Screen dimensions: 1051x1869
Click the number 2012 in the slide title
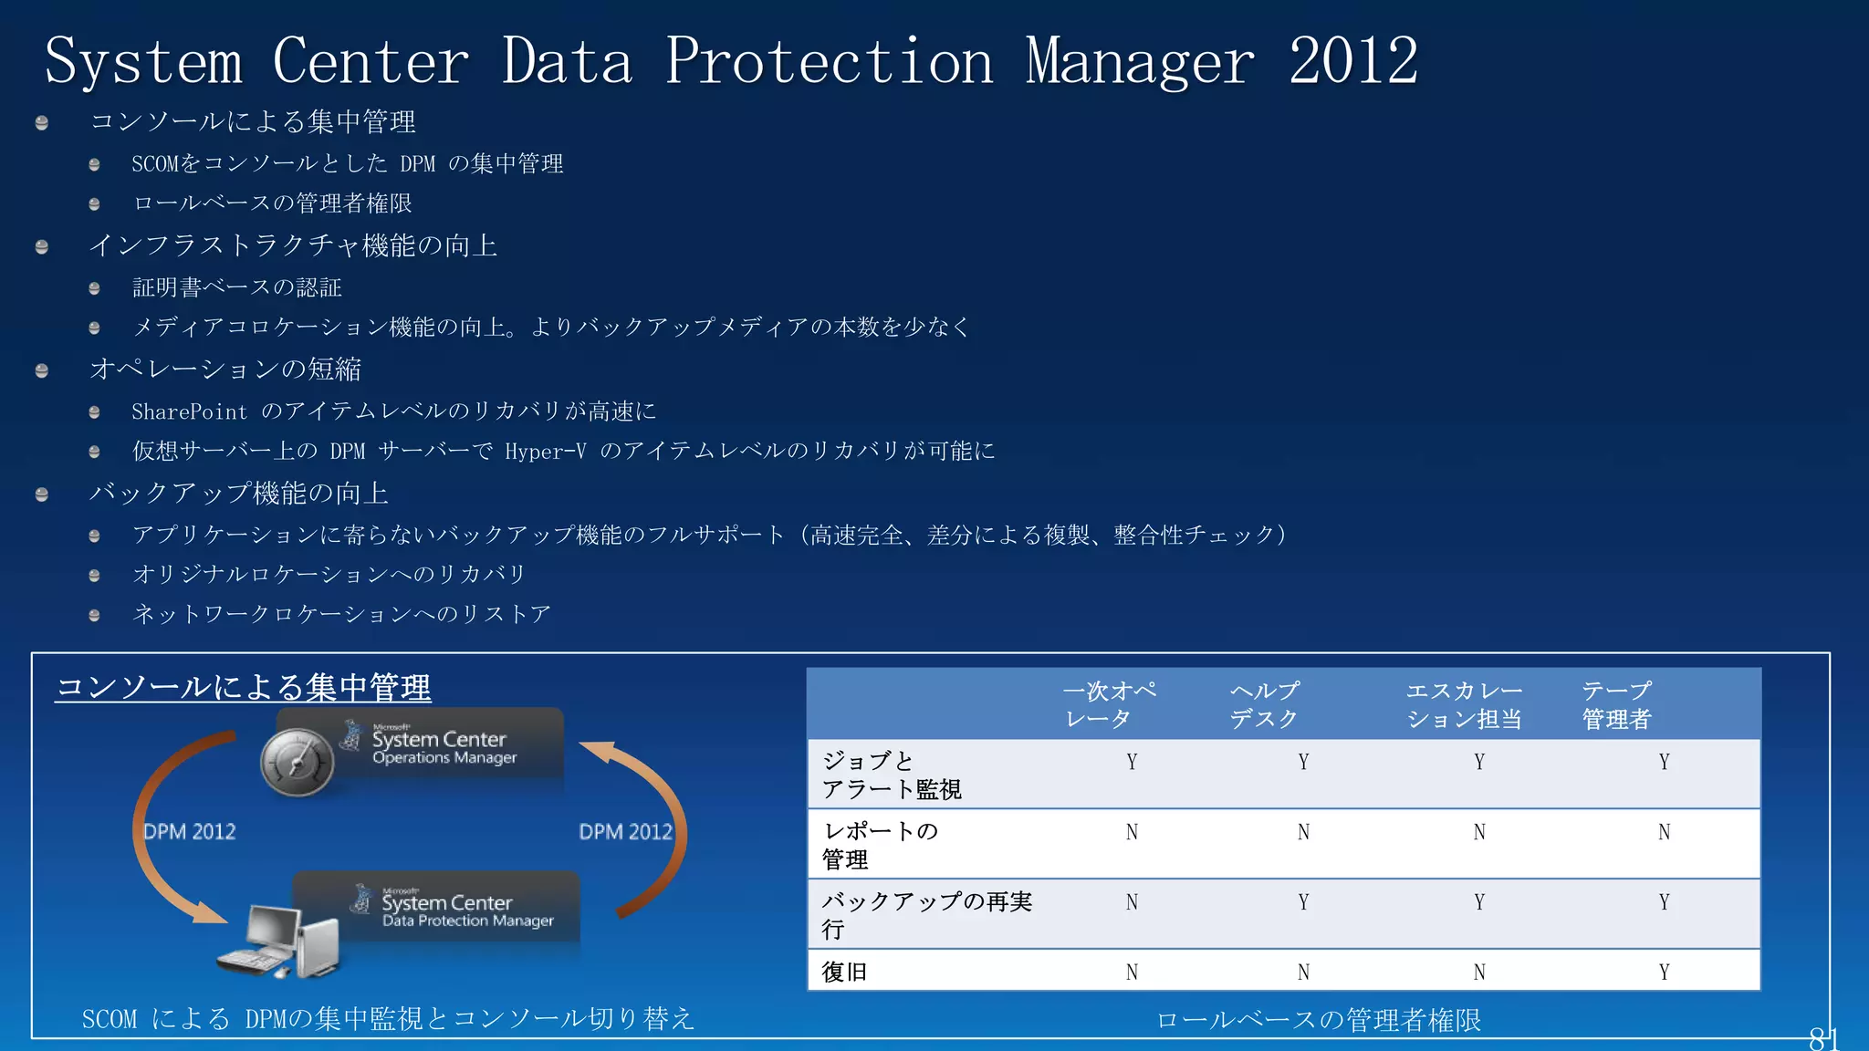click(1353, 61)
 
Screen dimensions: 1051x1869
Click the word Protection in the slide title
click(829, 61)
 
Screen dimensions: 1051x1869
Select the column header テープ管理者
click(1616, 704)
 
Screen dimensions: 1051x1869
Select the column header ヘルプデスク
click(1264, 704)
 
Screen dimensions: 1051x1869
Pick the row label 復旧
click(844, 972)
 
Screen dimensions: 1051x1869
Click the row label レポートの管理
click(880, 845)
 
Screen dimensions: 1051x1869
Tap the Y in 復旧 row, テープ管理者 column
click(1664, 973)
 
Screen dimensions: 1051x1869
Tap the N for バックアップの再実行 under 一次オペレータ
click(1132, 902)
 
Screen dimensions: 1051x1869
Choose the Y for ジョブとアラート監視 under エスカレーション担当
click(1479, 762)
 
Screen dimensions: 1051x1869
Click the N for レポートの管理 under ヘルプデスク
click(1303, 832)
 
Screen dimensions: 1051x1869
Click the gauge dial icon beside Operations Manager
click(297, 764)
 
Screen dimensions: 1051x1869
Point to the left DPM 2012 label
click(190, 832)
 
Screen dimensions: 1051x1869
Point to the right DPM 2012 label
click(625, 832)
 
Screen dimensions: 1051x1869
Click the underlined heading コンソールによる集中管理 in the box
click(244, 687)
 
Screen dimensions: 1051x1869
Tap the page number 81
click(1822, 1038)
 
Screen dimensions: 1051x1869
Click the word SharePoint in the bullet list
click(189, 412)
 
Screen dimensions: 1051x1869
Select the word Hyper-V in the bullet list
click(546, 452)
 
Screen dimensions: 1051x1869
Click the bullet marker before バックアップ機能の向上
click(42, 494)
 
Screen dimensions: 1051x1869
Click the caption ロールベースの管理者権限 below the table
click(1319, 1020)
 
